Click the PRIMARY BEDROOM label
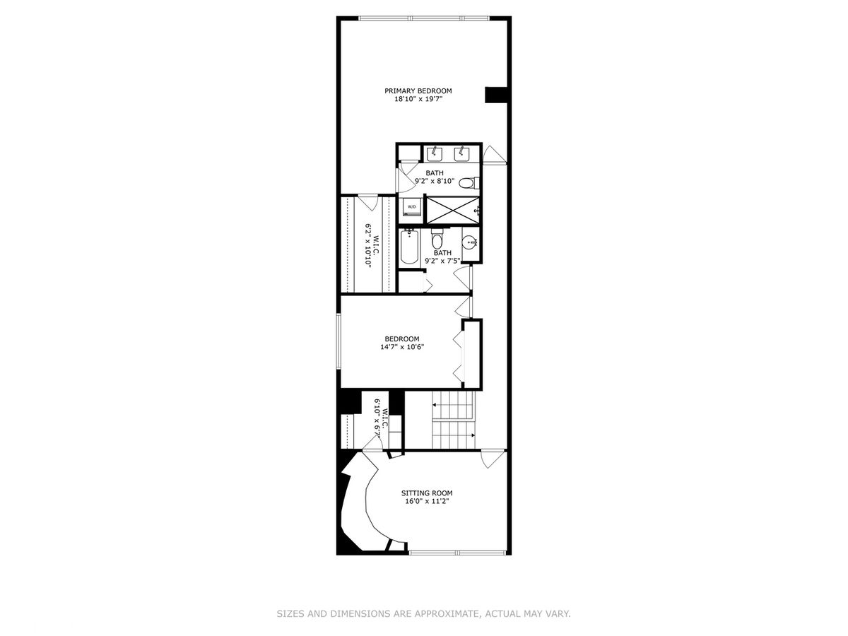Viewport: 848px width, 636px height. (418, 90)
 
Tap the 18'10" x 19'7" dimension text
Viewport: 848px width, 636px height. (418, 99)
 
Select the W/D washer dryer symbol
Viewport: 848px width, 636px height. (411, 207)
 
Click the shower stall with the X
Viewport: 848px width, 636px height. (452, 210)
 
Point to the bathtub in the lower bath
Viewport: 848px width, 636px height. (409, 247)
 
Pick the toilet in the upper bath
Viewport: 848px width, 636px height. (469, 182)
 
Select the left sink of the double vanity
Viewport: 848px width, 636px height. (435, 154)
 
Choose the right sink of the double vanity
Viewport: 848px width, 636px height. (461, 154)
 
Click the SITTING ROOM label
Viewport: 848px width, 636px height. (427, 493)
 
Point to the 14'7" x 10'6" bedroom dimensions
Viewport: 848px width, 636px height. (402, 347)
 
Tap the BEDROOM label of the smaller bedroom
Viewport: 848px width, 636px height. (402, 339)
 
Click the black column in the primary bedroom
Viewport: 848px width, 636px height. (495, 95)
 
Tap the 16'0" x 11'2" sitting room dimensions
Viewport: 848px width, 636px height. (427, 501)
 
